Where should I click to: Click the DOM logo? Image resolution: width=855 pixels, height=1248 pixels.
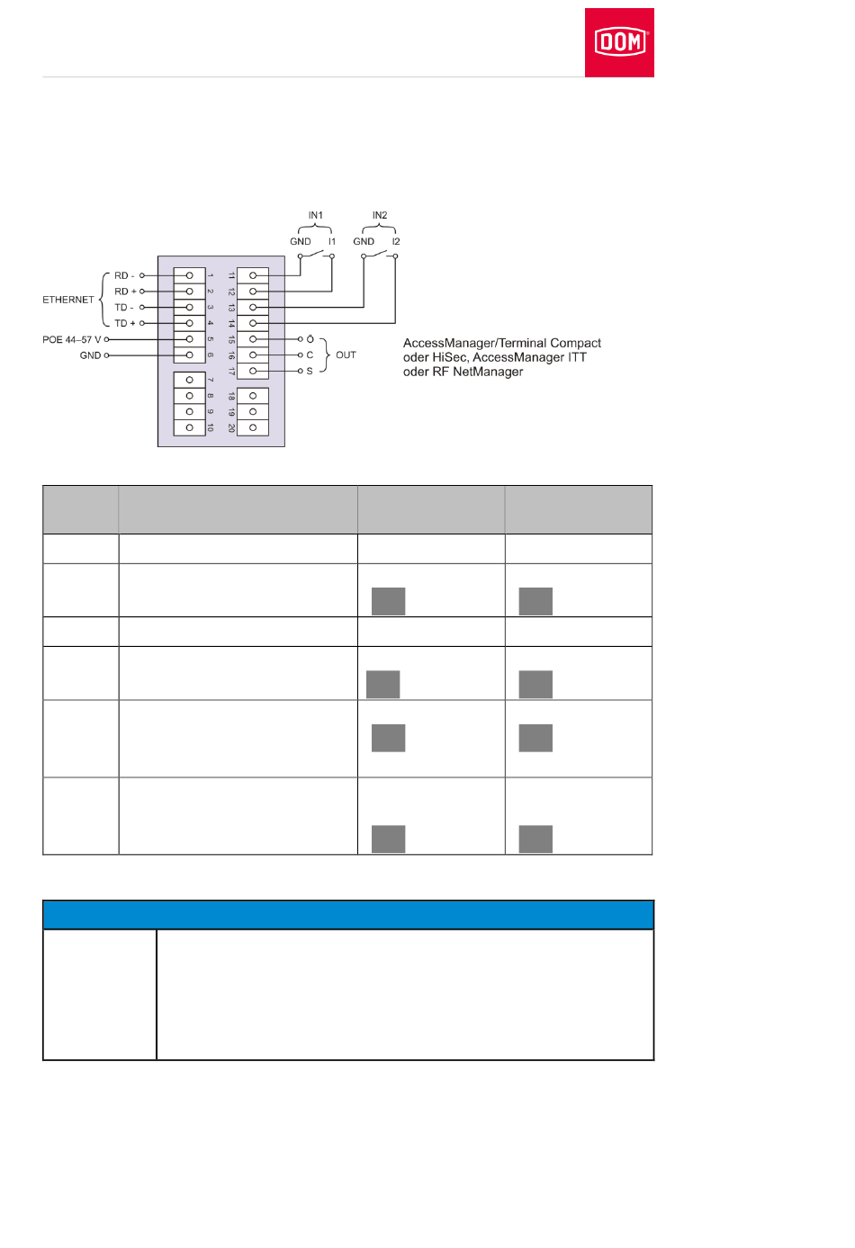pos(619,42)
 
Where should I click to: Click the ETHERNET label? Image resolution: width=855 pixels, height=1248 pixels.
pos(68,300)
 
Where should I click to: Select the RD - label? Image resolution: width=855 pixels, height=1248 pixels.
pos(124,275)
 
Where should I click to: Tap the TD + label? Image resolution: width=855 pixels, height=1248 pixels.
pos(124,323)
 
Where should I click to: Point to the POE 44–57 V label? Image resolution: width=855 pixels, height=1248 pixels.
pos(72,339)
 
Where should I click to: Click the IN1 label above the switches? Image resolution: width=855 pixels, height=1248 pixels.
pos(315,216)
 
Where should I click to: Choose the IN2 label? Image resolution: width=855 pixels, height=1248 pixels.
pos(380,216)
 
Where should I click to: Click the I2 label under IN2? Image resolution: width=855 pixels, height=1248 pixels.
pos(396,241)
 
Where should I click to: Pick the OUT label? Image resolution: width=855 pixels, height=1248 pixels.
pos(346,355)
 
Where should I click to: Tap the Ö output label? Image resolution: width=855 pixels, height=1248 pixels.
pos(310,339)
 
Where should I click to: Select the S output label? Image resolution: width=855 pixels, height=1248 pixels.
pos(310,371)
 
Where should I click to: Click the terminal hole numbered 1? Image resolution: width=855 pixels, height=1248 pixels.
pos(189,275)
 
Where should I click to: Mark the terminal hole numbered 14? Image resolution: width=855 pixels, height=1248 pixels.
pos(253,323)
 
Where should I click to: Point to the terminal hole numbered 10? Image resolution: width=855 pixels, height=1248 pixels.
pos(189,427)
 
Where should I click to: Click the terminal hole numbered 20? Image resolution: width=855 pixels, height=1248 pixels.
pos(253,427)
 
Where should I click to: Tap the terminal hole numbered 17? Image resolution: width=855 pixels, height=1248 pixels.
pos(253,371)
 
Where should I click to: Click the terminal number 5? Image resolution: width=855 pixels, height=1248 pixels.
pos(211,339)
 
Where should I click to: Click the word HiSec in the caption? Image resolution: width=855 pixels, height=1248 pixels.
pos(449,357)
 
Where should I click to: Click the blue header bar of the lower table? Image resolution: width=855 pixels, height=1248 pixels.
pos(348,914)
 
